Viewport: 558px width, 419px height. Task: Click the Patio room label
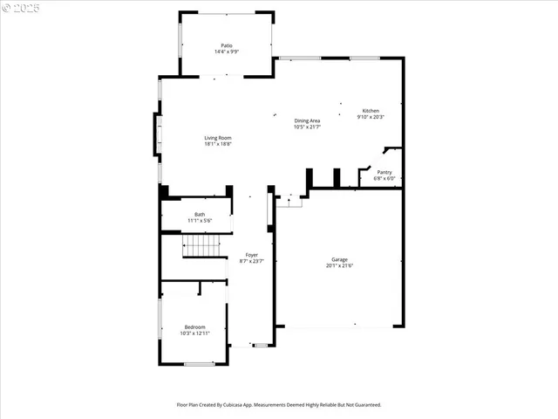point(227,45)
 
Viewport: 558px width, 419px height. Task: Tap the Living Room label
point(218,138)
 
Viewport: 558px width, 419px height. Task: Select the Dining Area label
point(307,120)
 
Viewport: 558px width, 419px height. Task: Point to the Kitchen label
point(371,111)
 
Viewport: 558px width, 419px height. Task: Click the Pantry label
point(384,172)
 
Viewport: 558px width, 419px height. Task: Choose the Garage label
point(339,259)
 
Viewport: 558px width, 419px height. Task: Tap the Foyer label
point(251,254)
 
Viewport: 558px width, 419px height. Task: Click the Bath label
point(200,215)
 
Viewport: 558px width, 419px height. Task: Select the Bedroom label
point(194,327)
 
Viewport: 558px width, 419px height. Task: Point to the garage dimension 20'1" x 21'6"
point(339,265)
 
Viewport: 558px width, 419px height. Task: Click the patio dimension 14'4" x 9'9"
point(227,52)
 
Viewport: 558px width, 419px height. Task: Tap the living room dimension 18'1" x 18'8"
point(218,144)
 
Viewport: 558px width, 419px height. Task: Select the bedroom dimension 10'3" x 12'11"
point(194,333)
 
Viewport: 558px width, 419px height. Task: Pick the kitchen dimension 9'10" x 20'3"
point(371,117)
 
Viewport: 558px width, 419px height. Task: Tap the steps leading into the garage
point(290,202)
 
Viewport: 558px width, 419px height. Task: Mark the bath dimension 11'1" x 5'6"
point(200,221)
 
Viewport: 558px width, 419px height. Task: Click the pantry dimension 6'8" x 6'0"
point(384,178)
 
